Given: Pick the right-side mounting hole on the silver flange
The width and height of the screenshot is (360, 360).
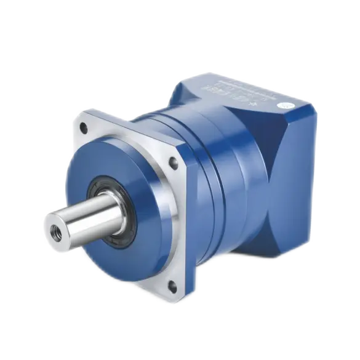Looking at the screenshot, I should point(174,163).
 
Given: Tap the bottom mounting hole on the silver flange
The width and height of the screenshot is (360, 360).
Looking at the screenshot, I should point(172,285).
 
